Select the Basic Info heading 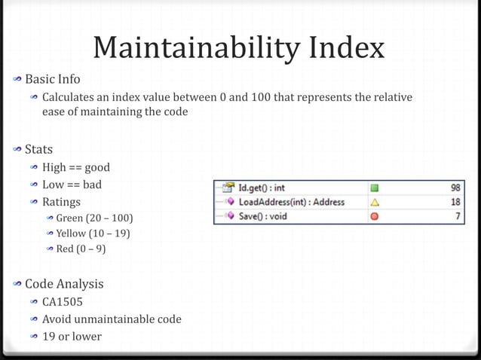point(52,79)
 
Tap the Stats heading point(38,149)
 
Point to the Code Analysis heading point(64,284)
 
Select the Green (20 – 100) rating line point(94,218)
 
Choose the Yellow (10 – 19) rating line point(93,233)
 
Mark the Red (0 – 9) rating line point(81,249)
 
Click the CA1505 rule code point(63,302)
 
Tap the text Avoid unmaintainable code point(112,319)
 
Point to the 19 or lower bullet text point(72,336)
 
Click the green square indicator point(375,188)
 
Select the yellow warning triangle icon point(375,202)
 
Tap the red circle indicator point(375,217)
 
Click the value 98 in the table point(456,188)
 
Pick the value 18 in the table point(456,202)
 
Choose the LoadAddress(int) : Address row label point(291,202)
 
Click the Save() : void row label point(262,217)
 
